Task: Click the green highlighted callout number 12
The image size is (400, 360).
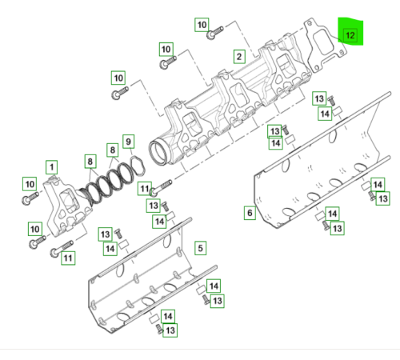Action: pos(350,35)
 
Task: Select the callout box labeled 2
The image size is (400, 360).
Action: pos(238,56)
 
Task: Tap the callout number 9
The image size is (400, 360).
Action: pos(128,141)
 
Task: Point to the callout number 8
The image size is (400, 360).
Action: pos(112,150)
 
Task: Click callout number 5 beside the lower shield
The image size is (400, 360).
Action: pos(200,247)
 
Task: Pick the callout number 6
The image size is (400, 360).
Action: pos(250,213)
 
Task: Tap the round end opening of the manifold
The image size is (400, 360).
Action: pos(164,150)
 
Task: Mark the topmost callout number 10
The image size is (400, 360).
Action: pos(202,26)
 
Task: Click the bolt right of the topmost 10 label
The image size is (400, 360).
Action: pos(215,34)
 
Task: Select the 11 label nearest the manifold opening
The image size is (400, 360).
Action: pos(144,189)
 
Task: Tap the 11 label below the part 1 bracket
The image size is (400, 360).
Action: pos(67,258)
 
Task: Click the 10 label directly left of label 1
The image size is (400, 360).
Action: pos(30,183)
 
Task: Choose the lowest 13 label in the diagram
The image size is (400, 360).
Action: pos(170,329)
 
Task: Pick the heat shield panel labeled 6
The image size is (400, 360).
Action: pos(312,172)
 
